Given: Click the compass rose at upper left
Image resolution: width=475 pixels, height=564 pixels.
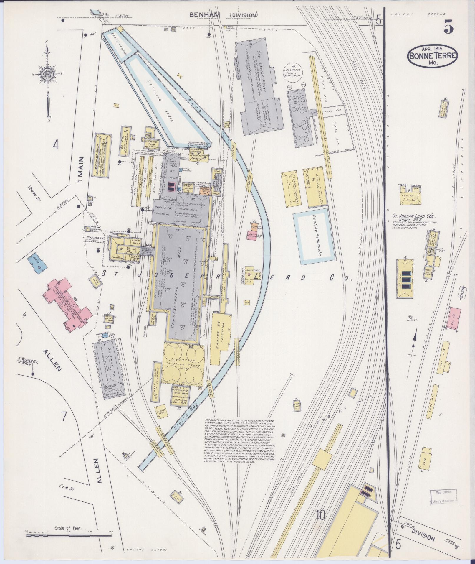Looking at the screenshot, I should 47,73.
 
